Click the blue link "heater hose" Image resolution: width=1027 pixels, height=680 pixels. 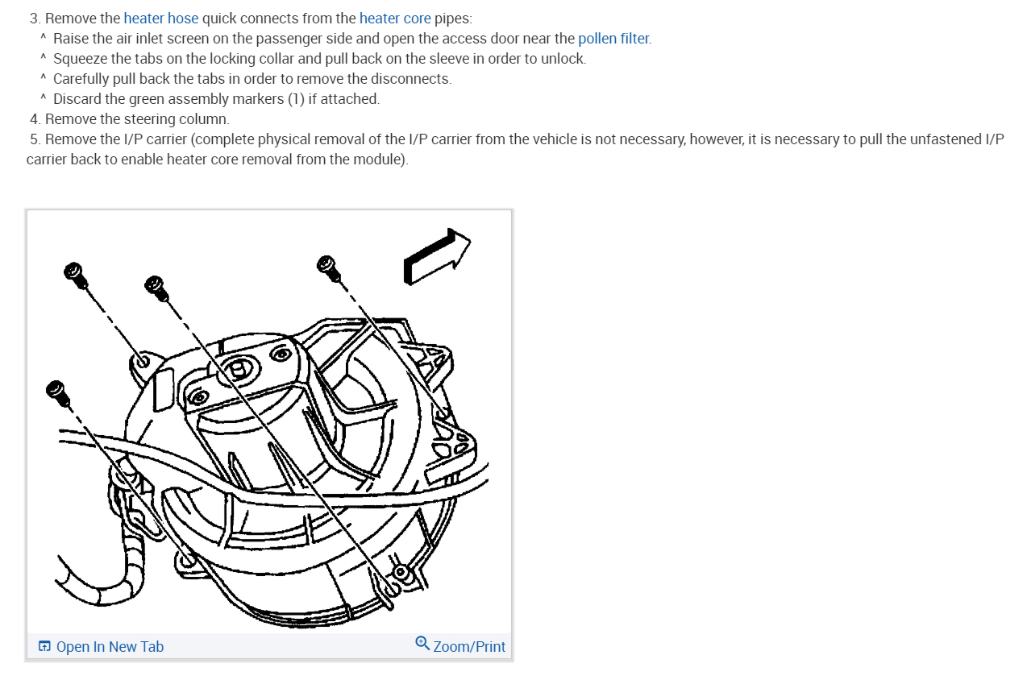tap(160, 19)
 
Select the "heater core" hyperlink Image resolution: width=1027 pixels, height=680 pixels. tap(395, 19)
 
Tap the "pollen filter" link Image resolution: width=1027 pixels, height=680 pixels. tap(613, 39)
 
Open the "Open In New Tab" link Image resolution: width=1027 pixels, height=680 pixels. tap(110, 646)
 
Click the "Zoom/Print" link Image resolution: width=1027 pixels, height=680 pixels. tap(468, 646)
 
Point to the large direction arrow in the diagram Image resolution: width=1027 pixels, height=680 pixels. tap(436, 255)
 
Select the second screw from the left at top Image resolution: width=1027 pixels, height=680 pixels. tap(155, 287)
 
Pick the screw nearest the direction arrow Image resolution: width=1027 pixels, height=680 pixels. tap(328, 267)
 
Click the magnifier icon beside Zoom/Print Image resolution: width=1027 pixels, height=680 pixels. tap(422, 643)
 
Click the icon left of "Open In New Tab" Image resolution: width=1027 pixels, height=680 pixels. tap(44, 646)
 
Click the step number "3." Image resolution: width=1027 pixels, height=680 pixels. tap(35, 19)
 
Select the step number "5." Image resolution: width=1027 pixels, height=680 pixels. tap(35, 139)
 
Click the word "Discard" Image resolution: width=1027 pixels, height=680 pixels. tap(77, 99)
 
